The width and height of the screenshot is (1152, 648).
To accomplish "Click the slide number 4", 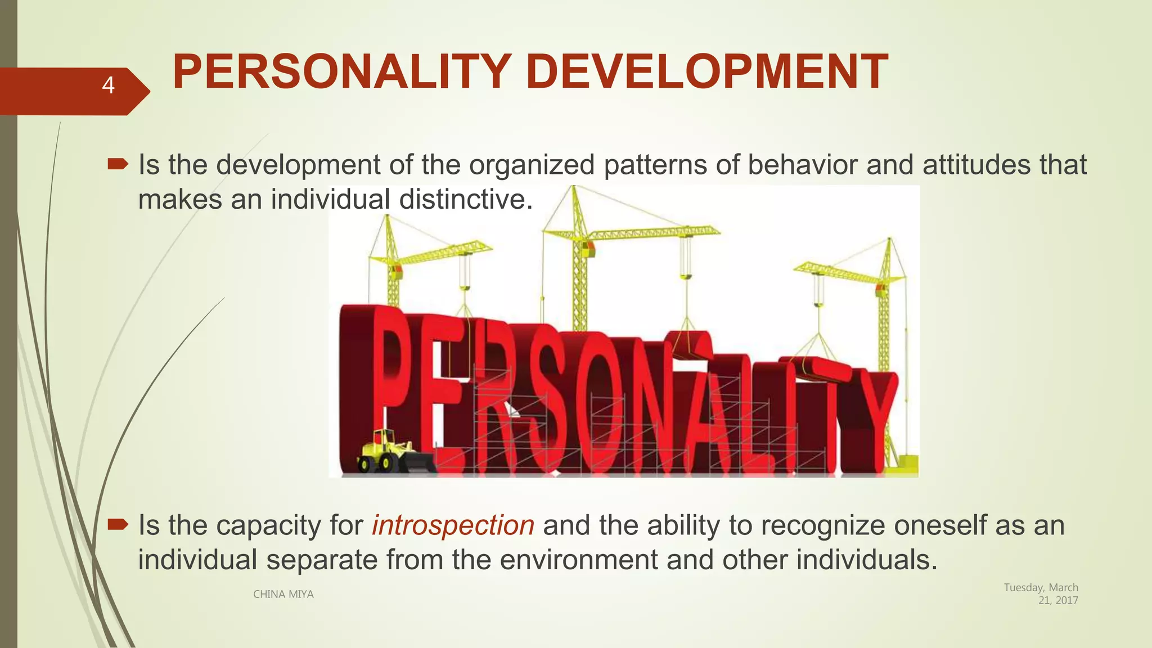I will (108, 85).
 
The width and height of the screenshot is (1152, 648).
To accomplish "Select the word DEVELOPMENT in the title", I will (706, 72).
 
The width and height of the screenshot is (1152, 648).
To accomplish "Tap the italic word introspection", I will (453, 525).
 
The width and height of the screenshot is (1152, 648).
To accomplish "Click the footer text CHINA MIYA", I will (283, 594).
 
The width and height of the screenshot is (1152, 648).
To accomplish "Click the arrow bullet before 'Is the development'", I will (118, 164).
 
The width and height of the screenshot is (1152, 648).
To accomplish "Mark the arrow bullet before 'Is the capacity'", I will (118, 525).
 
